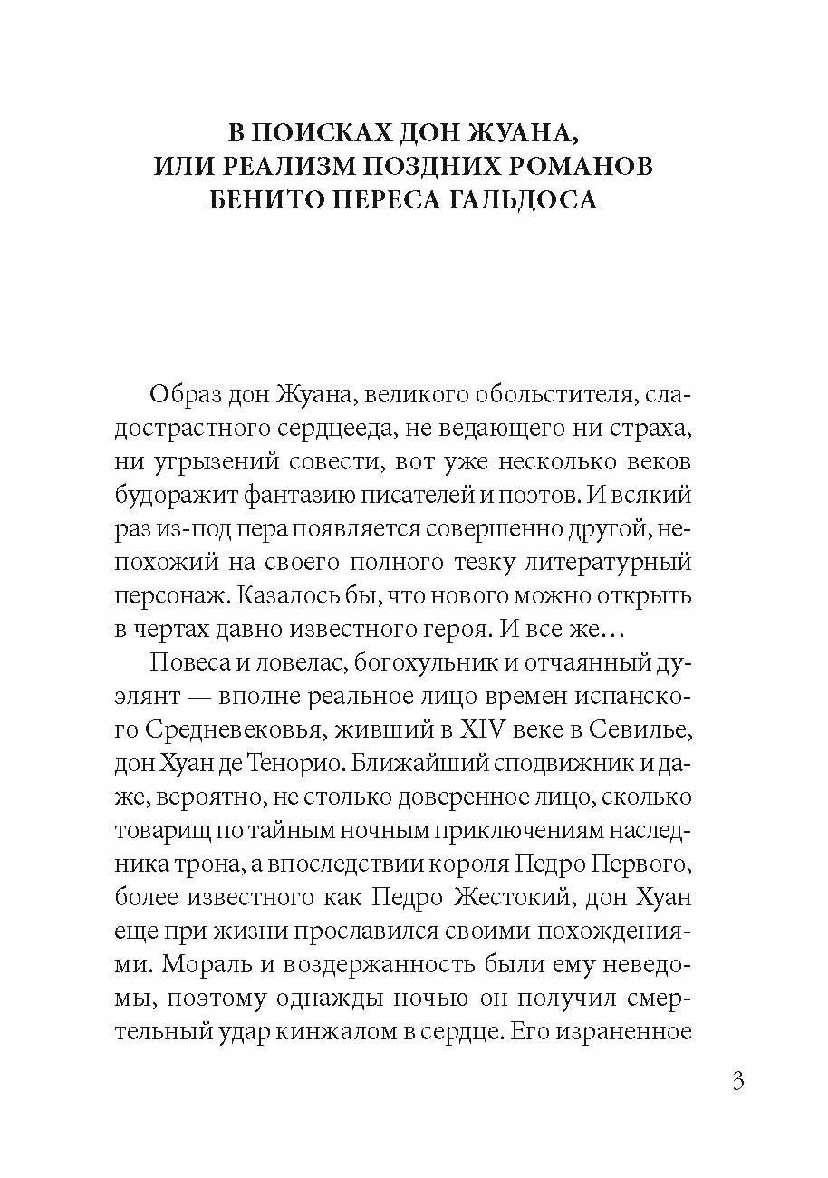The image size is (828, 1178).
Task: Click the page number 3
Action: coord(737,1081)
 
